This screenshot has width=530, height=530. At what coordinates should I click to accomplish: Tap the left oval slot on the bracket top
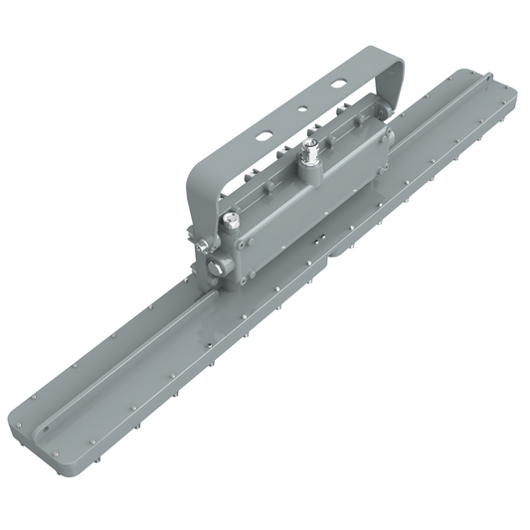coord(266,131)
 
